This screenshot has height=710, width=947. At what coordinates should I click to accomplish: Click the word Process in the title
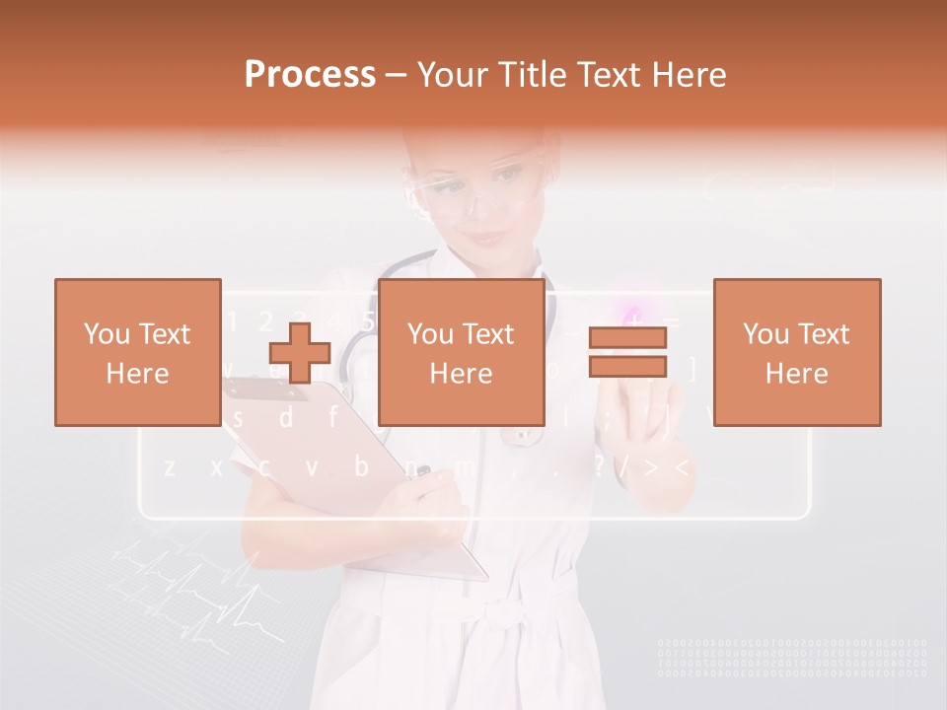coord(310,74)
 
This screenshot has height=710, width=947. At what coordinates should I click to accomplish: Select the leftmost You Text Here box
coord(137,352)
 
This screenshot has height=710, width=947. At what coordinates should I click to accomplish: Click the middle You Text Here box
coord(461,352)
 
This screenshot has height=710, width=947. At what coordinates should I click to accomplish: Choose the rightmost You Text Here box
coord(796,352)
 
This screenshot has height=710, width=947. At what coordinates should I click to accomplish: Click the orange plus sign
coord(300,353)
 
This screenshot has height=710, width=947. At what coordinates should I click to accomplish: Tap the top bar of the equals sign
coord(627,338)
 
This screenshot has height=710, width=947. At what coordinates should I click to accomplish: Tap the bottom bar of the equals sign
coord(627,367)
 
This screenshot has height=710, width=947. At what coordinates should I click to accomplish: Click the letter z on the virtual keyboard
coord(170,466)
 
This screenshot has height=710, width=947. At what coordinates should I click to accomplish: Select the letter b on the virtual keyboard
coord(361,466)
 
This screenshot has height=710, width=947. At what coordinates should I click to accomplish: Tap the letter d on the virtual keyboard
coord(285,419)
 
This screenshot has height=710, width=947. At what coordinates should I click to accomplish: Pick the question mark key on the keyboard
coord(599,466)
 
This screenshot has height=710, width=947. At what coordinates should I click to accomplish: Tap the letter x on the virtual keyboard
coord(217,466)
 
